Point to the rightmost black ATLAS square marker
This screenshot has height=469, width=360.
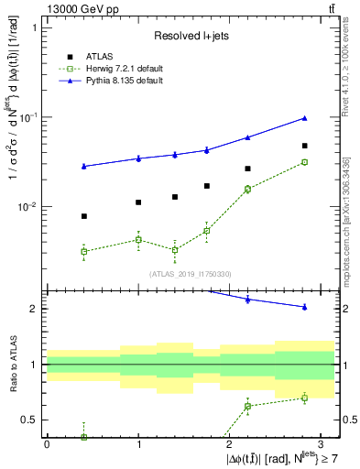[304, 146]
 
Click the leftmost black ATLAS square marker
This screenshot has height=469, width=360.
[84, 216]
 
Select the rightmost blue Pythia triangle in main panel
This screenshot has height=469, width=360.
[304, 118]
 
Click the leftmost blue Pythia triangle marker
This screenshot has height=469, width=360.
[84, 166]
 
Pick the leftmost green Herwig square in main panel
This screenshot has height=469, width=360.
[84, 251]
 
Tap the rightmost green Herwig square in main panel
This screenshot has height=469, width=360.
[304, 162]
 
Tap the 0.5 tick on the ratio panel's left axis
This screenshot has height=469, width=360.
[29, 420]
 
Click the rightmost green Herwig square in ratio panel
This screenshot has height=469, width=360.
[304, 398]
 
